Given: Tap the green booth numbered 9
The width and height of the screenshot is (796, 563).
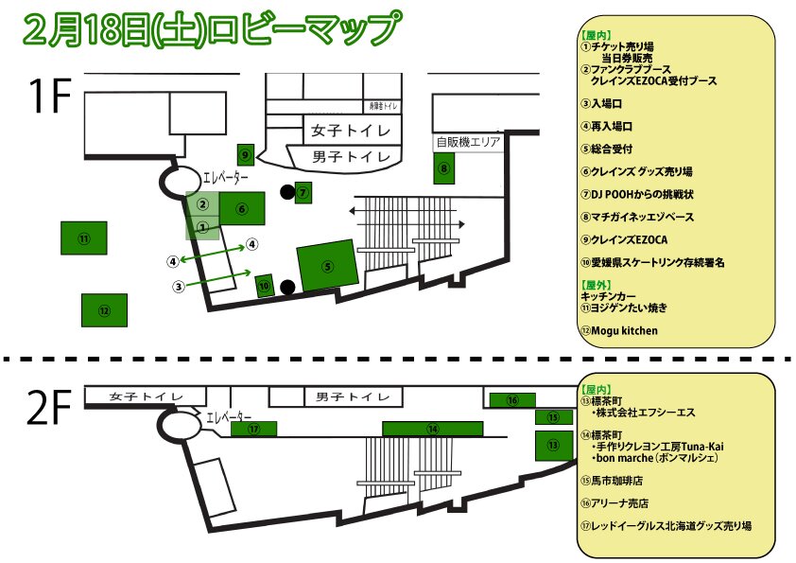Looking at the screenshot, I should [245, 154].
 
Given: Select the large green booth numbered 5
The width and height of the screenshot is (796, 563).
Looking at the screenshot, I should [327, 265].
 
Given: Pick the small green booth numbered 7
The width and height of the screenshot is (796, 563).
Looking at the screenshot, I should [303, 193].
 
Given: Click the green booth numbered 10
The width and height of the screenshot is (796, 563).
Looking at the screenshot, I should [266, 284].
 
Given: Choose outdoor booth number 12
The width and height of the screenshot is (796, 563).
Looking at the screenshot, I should [104, 309].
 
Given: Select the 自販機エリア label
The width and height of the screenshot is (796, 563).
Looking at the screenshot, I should [466, 142].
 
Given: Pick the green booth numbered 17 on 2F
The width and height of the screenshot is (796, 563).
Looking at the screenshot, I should [253, 429].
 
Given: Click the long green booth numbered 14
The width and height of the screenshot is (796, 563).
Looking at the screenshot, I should [433, 429].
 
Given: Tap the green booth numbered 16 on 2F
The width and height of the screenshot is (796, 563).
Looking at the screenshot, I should [512, 400].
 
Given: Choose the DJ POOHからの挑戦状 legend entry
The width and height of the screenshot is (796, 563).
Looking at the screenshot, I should [643, 195].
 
